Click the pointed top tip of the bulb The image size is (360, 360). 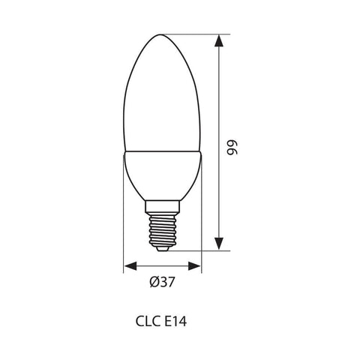click(x=163, y=33)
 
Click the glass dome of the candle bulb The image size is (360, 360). click(x=163, y=97)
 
